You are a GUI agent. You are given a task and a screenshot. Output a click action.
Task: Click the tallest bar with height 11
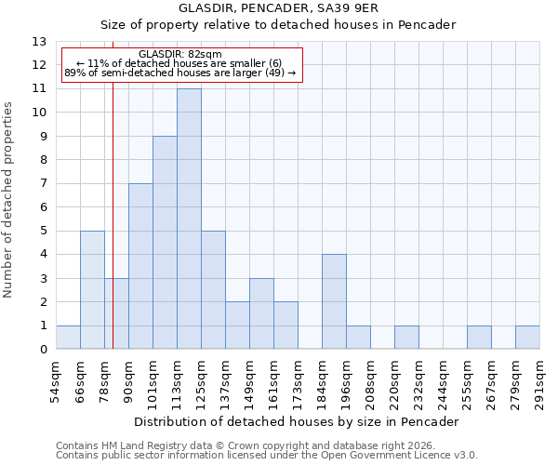pyautogui.click(x=189, y=219)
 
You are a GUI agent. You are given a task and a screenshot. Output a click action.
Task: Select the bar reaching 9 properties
pyautogui.click(x=165, y=243)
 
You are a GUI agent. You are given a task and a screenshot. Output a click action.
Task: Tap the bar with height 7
pyautogui.click(x=140, y=267)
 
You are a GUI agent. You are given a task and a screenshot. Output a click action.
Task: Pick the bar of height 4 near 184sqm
pyautogui.click(x=334, y=302)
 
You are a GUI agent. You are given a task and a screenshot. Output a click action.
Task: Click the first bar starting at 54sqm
pyautogui.click(x=68, y=338)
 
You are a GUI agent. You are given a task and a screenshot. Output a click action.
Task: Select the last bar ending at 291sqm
pyautogui.click(x=527, y=338)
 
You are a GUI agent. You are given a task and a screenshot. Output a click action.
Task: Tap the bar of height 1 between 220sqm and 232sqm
pyautogui.click(x=406, y=338)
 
